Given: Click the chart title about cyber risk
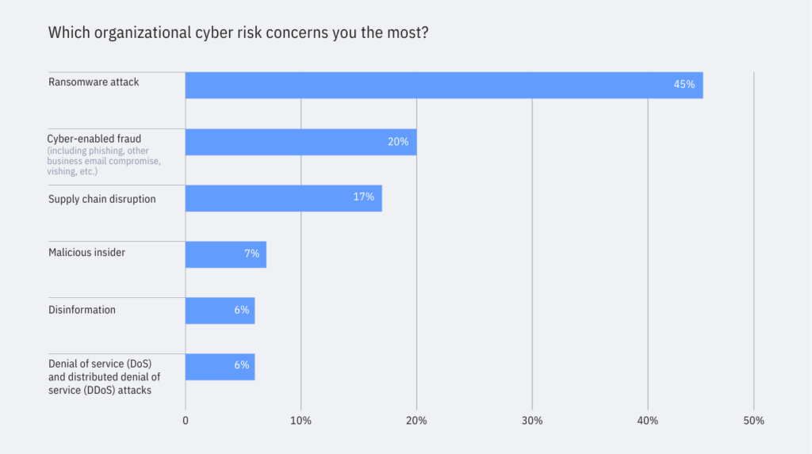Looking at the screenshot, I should tap(239, 33).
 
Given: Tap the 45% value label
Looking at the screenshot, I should tap(684, 85).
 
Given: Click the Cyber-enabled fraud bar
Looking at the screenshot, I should tap(301, 142).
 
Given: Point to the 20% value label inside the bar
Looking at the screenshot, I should tap(398, 142).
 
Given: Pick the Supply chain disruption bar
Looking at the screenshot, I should tap(283, 198).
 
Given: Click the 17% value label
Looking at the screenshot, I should tap(363, 197).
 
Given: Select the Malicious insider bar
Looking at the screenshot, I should tap(225, 254).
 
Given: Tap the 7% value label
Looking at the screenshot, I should tap(251, 254).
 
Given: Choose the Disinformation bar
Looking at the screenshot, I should tap(220, 311).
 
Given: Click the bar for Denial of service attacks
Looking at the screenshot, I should tap(220, 367).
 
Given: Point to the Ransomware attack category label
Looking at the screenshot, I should tap(94, 82).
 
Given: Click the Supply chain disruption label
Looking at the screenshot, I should tap(102, 199).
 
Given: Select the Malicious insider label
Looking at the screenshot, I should tap(87, 253).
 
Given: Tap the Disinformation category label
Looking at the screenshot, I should tap(82, 310).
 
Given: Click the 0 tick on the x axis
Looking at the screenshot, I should tap(186, 421).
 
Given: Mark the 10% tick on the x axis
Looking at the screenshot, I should tap(301, 421).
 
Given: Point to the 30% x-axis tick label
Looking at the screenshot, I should tap(532, 421).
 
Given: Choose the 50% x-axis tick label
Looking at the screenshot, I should tap(753, 421).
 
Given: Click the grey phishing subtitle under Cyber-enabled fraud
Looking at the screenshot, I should tap(103, 161).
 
